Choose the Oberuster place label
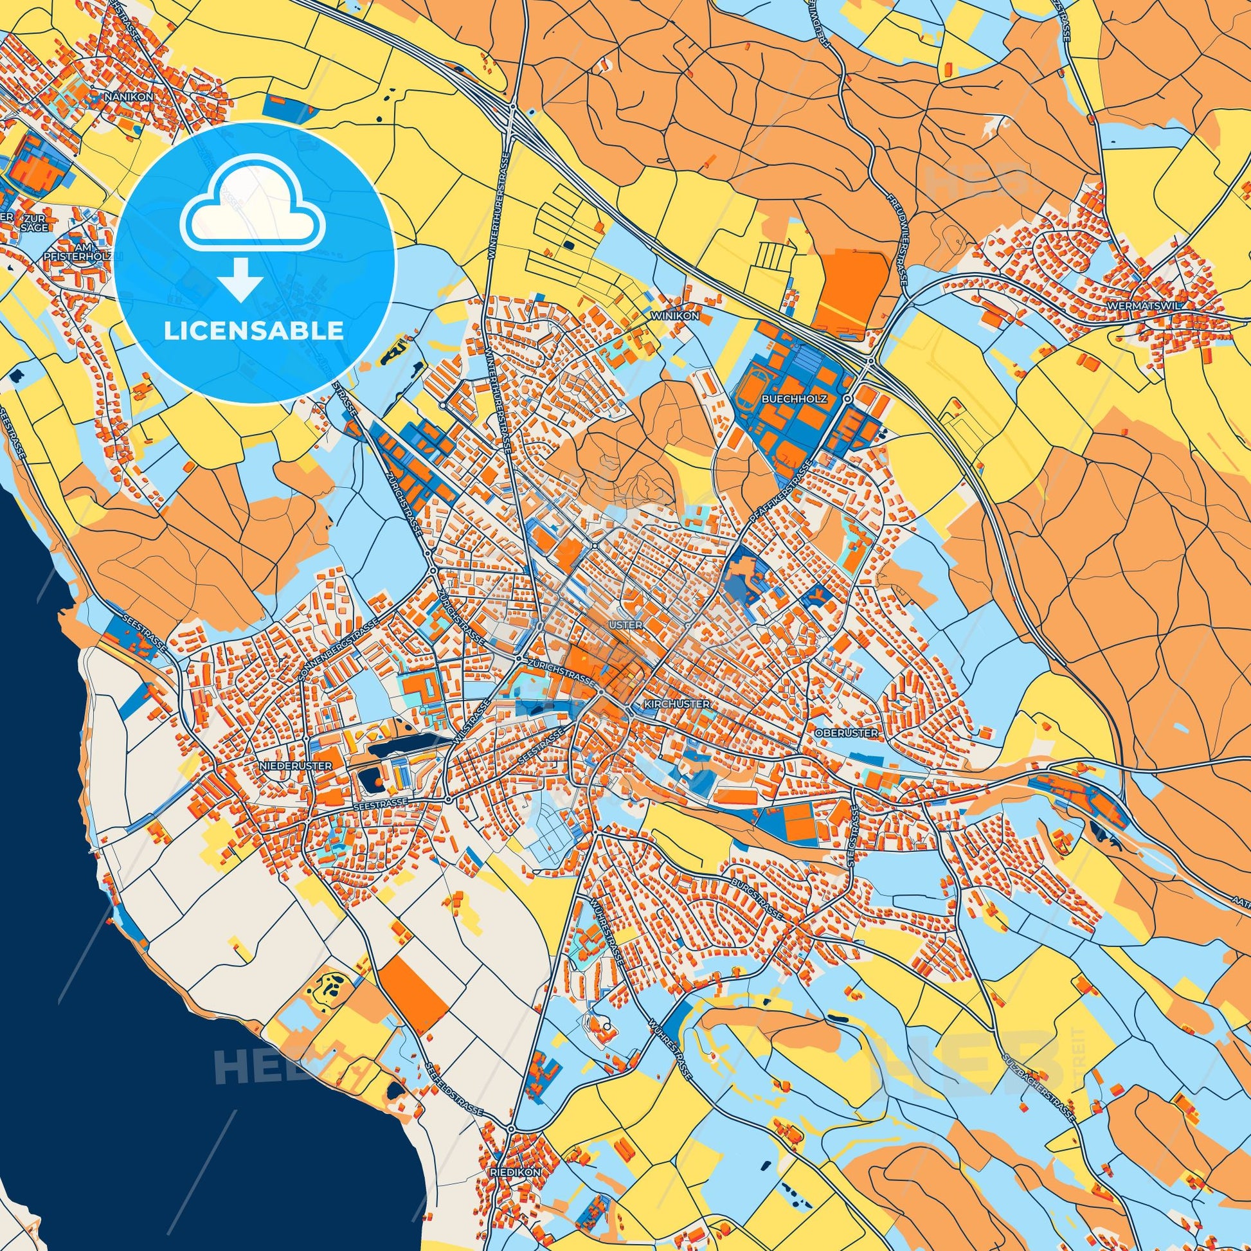coord(847,732)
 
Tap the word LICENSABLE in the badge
coord(254,331)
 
